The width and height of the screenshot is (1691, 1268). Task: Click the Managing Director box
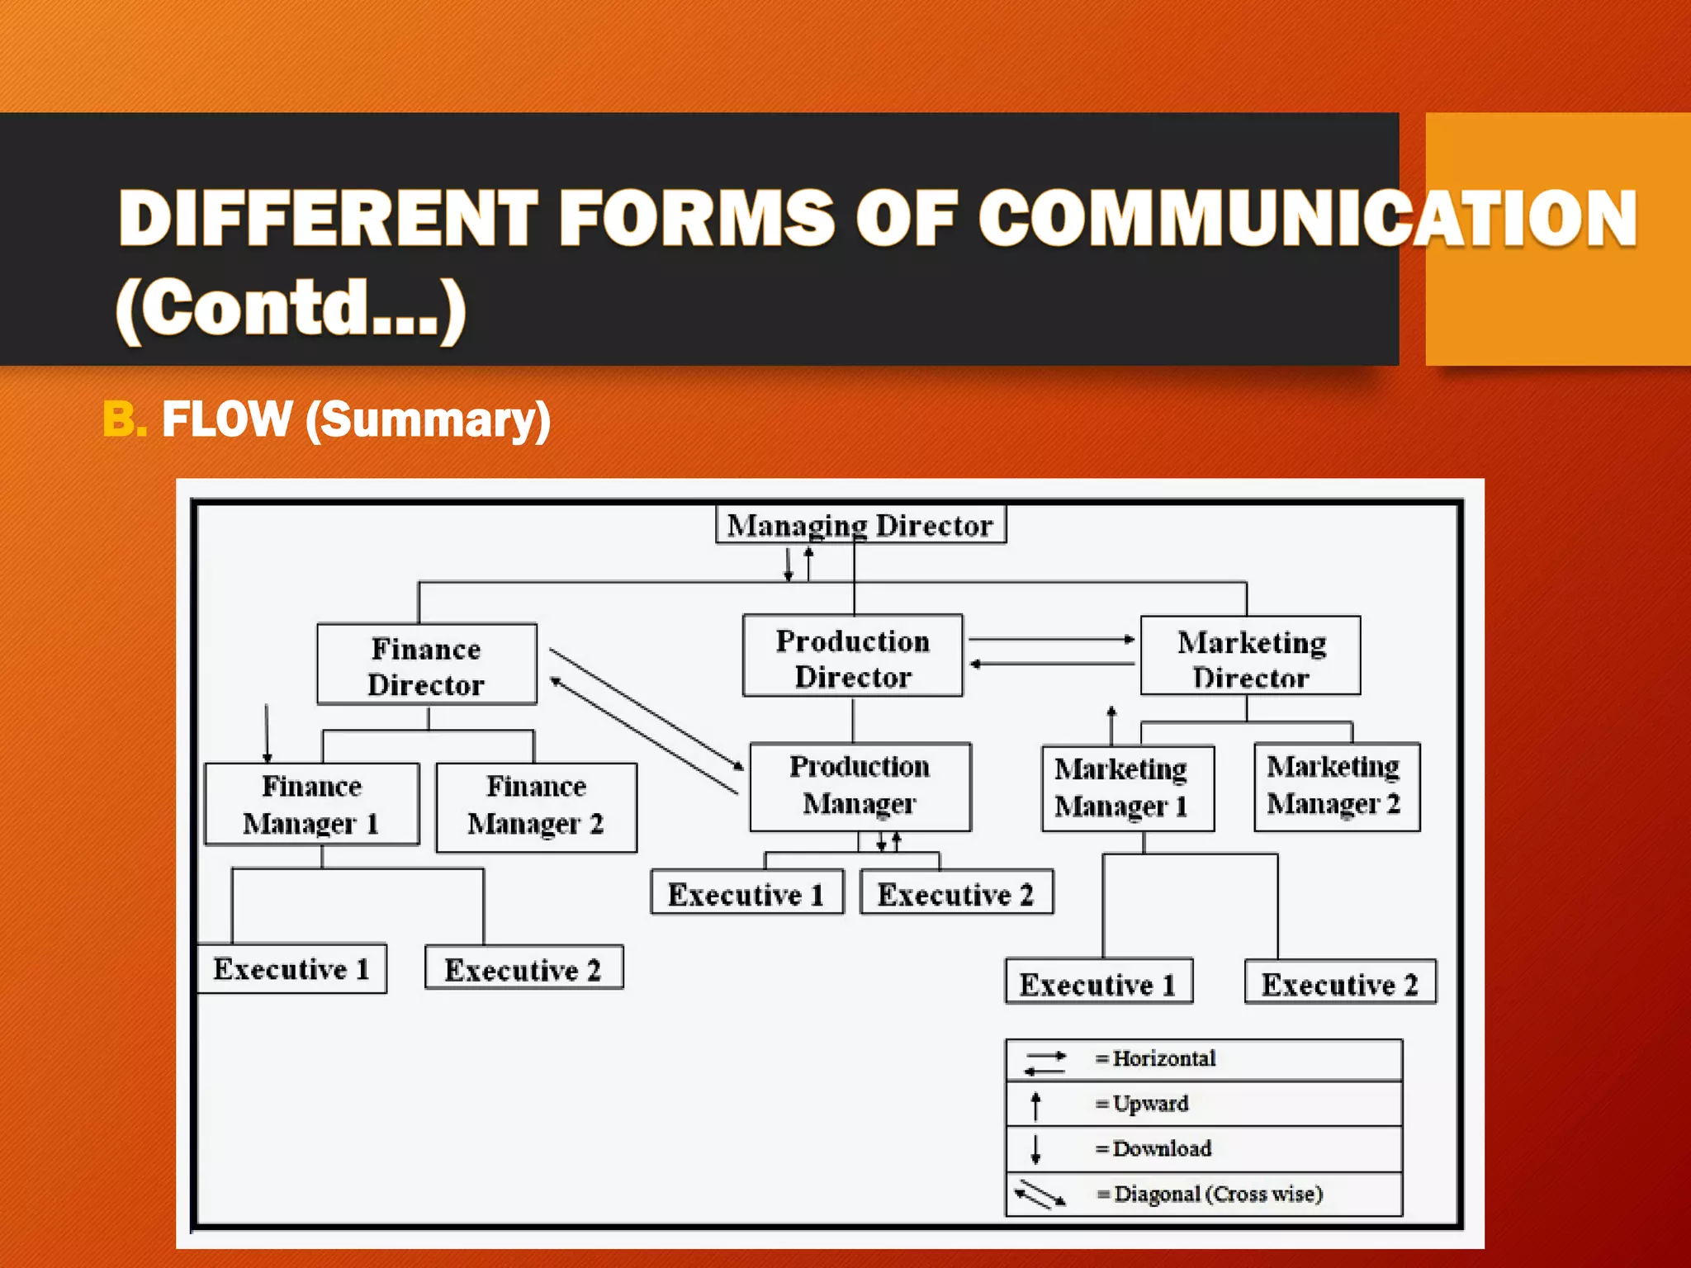(x=860, y=525)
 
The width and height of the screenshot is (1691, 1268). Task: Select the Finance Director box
(x=426, y=665)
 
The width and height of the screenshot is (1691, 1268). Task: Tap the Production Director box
(x=852, y=657)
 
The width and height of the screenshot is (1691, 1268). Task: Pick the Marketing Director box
(x=1250, y=657)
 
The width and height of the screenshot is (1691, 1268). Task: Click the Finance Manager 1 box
(x=311, y=804)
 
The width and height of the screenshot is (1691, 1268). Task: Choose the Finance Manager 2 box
(x=536, y=806)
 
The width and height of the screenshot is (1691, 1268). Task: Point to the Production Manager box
(x=860, y=786)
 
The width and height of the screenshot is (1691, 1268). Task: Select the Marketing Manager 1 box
(x=1127, y=788)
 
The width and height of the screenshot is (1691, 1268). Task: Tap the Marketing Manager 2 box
(x=1336, y=786)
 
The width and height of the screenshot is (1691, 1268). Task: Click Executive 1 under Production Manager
(x=746, y=893)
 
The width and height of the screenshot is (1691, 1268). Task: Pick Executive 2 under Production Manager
(x=956, y=893)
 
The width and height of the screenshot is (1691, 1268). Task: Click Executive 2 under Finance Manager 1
(x=523, y=968)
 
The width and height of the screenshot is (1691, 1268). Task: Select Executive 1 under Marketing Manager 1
(x=1098, y=982)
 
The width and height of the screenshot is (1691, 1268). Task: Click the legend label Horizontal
(x=1163, y=1059)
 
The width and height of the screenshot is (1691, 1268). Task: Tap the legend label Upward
(x=1150, y=1104)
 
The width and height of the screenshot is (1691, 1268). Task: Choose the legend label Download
(x=1162, y=1149)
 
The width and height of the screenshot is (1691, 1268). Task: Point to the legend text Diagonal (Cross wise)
(x=1218, y=1194)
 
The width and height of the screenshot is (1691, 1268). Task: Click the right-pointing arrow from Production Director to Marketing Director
(x=1051, y=639)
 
